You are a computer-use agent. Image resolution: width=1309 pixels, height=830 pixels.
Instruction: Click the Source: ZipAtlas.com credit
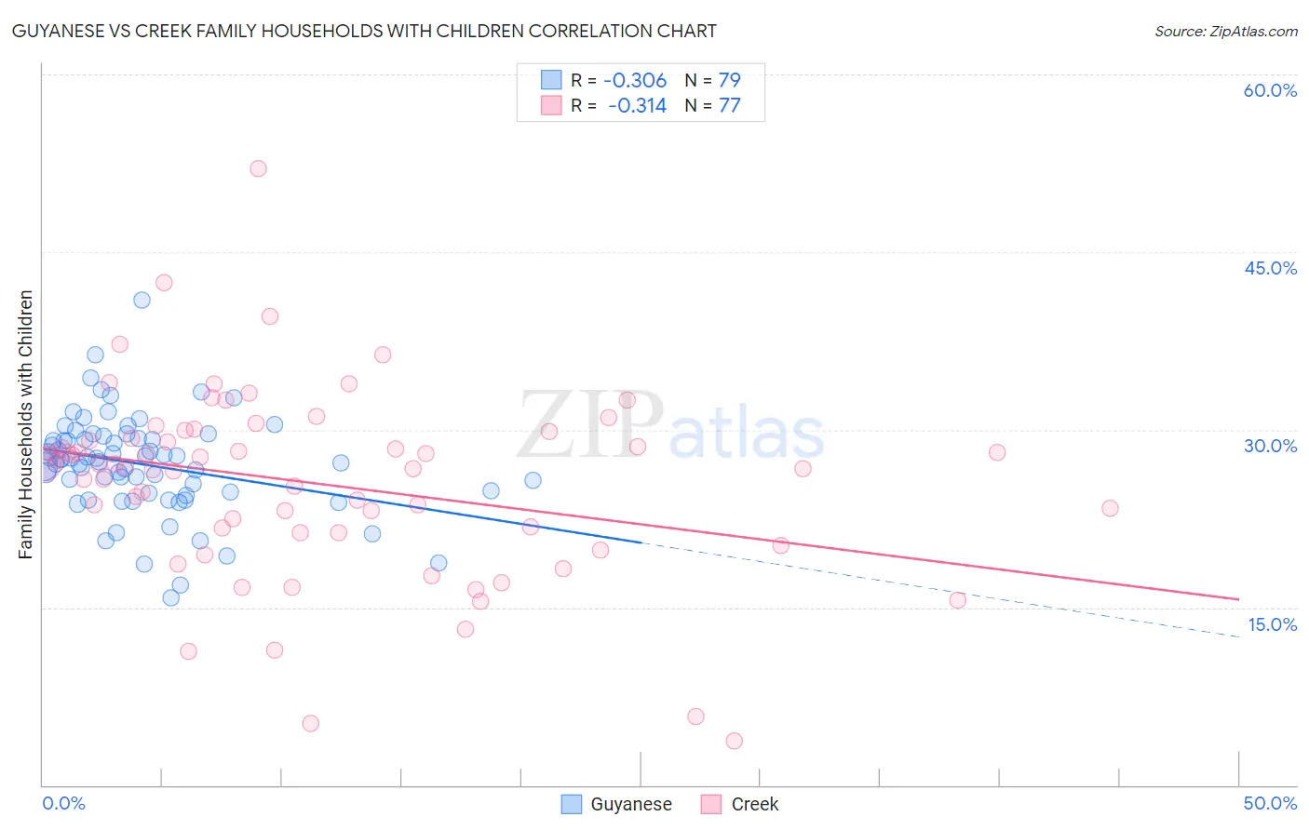click(1225, 31)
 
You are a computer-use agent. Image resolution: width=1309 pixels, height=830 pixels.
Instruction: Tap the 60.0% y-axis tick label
click(1270, 90)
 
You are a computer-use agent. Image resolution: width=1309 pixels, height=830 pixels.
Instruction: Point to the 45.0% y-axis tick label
click(1270, 268)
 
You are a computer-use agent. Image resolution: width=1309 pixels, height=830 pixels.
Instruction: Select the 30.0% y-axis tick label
click(1270, 446)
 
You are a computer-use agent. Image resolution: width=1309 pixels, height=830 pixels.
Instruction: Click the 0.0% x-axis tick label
click(63, 803)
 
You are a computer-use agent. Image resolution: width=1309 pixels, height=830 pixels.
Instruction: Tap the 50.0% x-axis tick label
click(1270, 803)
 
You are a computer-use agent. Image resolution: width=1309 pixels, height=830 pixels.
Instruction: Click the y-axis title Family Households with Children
click(26, 424)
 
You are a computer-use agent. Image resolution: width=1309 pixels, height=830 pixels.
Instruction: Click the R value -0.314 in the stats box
click(637, 105)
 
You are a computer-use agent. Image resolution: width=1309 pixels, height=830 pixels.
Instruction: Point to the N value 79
click(729, 80)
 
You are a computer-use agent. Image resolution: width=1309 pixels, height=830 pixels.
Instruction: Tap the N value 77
click(729, 105)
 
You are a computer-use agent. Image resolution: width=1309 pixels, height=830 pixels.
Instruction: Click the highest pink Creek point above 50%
click(258, 168)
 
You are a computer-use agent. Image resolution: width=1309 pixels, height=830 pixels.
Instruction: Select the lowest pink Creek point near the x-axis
click(734, 741)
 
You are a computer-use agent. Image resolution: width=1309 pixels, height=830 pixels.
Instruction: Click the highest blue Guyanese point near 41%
click(142, 300)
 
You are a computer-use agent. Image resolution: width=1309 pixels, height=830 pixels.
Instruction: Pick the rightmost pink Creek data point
click(1110, 508)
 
